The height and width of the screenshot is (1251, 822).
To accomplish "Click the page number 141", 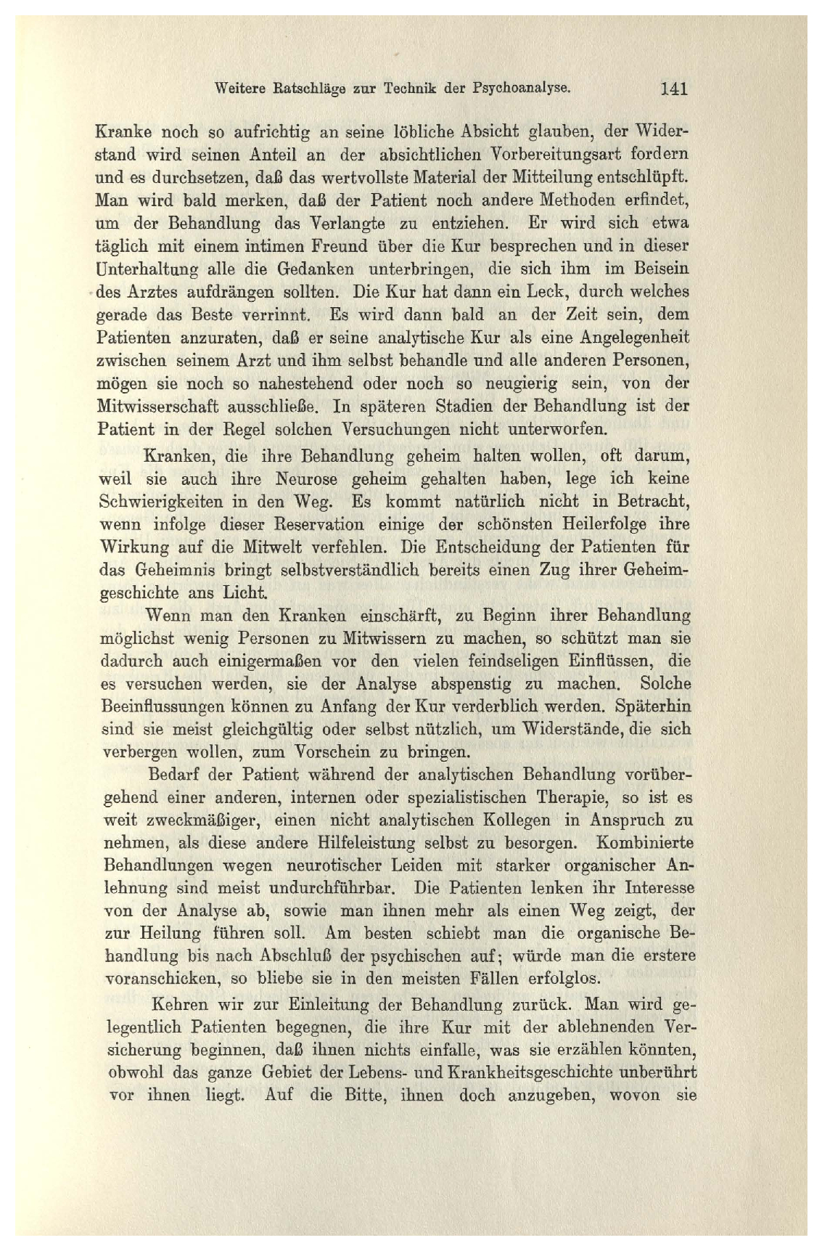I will click(x=674, y=90).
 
